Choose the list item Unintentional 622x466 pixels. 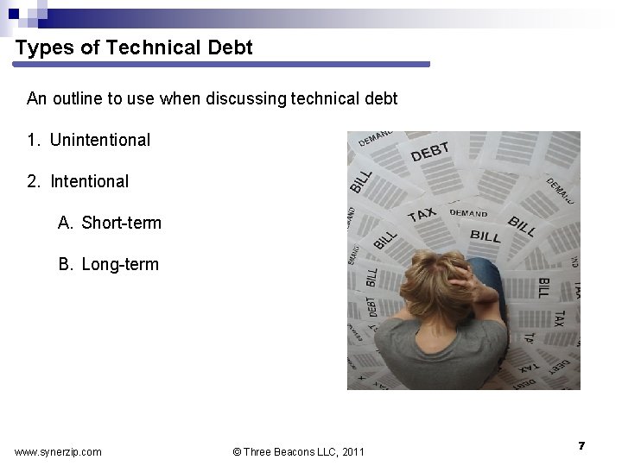click(x=100, y=140)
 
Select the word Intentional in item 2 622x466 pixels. click(x=90, y=181)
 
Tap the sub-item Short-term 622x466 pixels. click(x=122, y=223)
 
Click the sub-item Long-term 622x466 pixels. click(x=121, y=264)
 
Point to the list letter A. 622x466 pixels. click(x=65, y=223)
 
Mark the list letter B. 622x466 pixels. click(x=65, y=264)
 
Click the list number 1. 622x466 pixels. click(x=33, y=140)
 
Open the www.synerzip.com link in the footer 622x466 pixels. click(x=58, y=451)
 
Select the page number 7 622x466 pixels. click(x=582, y=445)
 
